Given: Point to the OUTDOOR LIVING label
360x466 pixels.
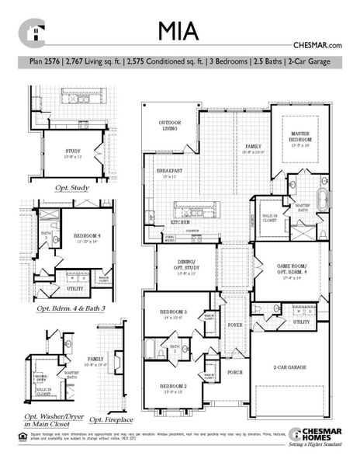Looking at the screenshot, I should (x=169, y=126).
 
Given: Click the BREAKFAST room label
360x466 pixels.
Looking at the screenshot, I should (x=169, y=171).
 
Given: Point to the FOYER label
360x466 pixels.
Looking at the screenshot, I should (x=234, y=326).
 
